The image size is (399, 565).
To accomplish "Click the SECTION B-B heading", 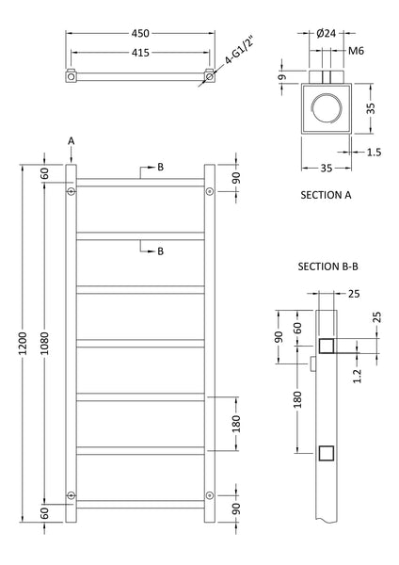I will pos(328,267).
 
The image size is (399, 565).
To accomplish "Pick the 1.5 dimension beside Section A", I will pos(375,151).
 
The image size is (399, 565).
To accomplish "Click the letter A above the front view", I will pos(72,142).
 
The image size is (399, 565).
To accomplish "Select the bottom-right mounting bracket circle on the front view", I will pos(209,496).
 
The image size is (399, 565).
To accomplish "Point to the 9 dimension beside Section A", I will pos(281,78).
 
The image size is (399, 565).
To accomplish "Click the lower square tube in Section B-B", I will pos(325,454).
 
